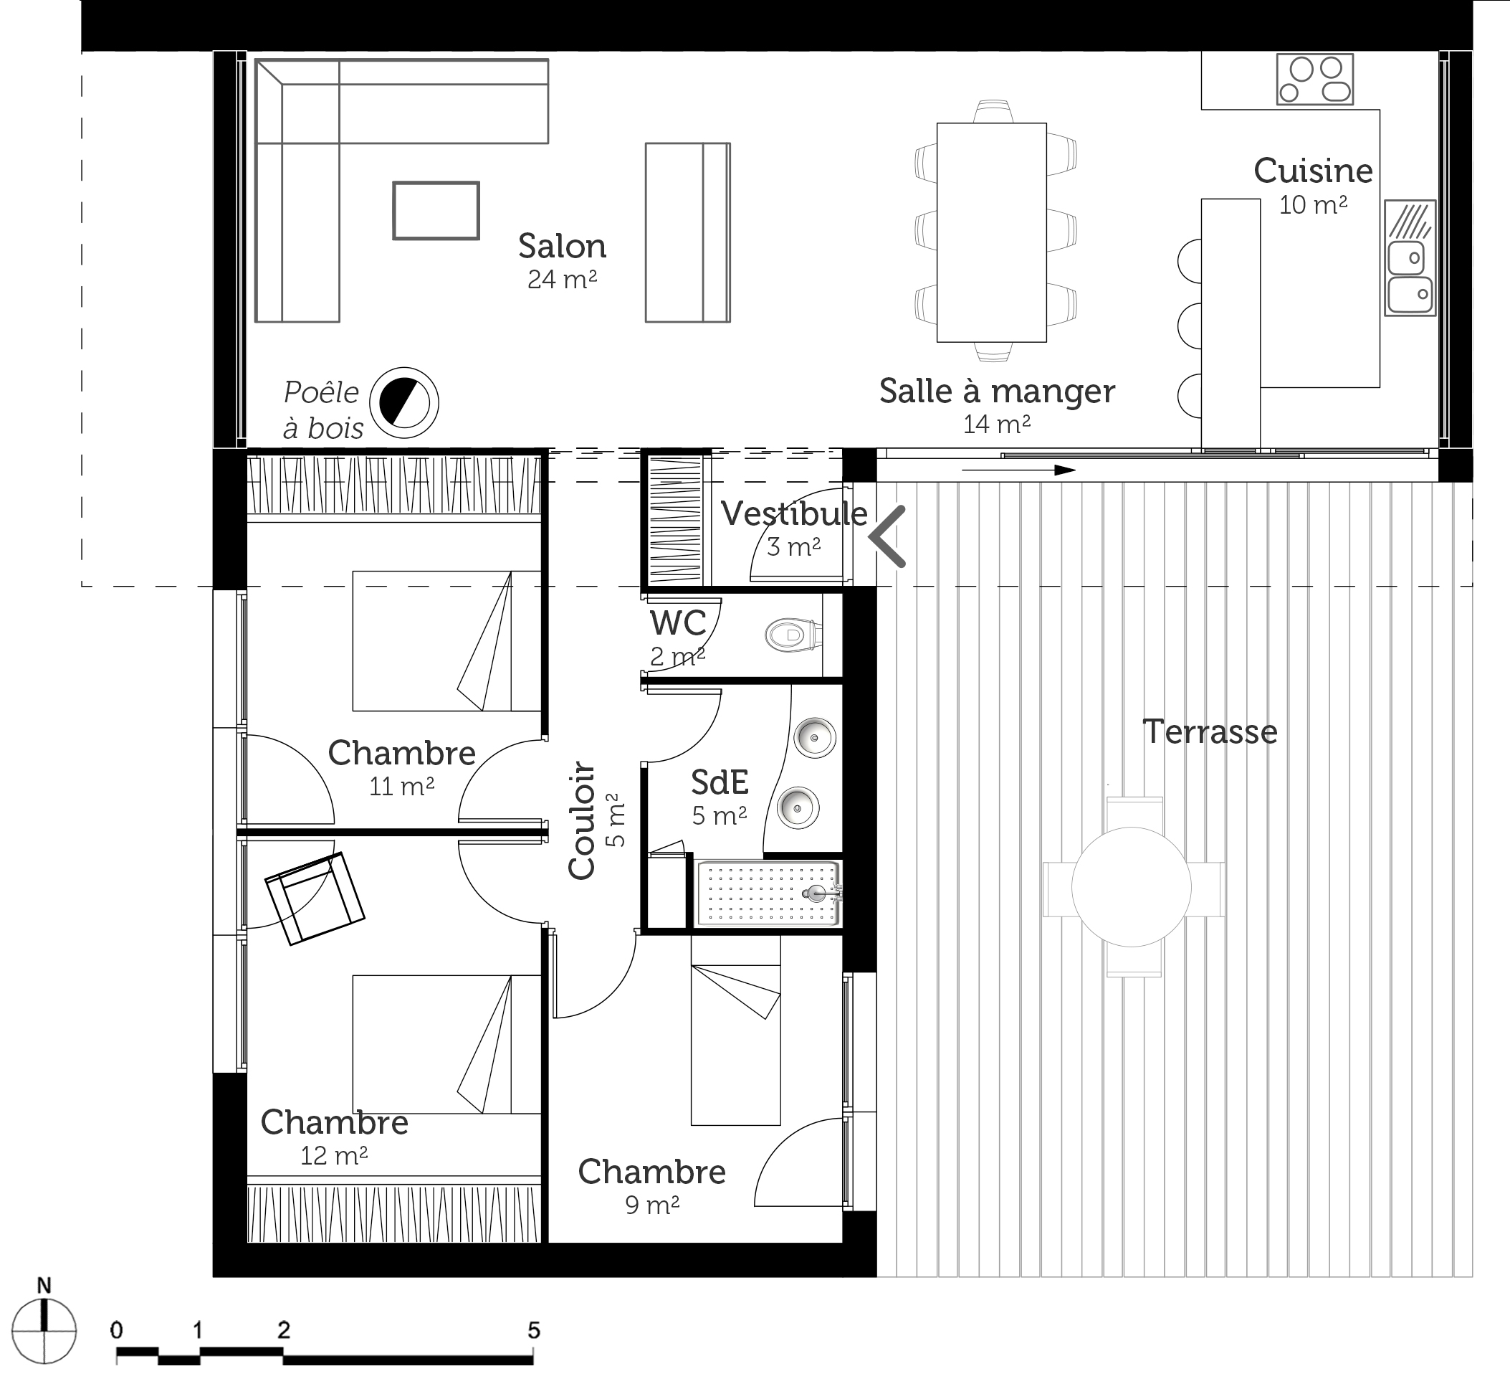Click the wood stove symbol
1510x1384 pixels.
pyautogui.click(x=404, y=403)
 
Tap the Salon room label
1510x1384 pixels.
pyautogui.click(x=562, y=246)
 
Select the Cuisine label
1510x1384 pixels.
pyautogui.click(x=1313, y=171)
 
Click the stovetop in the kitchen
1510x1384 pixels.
pyautogui.click(x=1314, y=80)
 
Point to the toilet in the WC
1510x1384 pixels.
pyautogui.click(x=790, y=635)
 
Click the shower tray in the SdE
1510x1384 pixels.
pyautogui.click(x=768, y=894)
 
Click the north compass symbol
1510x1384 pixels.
pyautogui.click(x=44, y=1331)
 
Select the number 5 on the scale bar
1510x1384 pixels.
pyautogui.click(x=533, y=1330)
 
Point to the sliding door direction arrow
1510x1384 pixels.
pyautogui.click(x=1018, y=470)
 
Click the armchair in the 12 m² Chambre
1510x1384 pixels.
pyautogui.click(x=315, y=899)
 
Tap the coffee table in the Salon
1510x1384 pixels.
pyautogui.click(x=436, y=211)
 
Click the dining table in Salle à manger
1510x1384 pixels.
pyautogui.click(x=992, y=232)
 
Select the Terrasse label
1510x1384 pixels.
pyautogui.click(x=1210, y=732)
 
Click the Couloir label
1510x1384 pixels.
pyautogui.click(x=582, y=820)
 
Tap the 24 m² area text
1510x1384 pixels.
pyautogui.click(x=562, y=280)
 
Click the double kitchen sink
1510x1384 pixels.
pyautogui.click(x=1410, y=257)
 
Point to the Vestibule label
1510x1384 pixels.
pyautogui.click(x=794, y=514)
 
